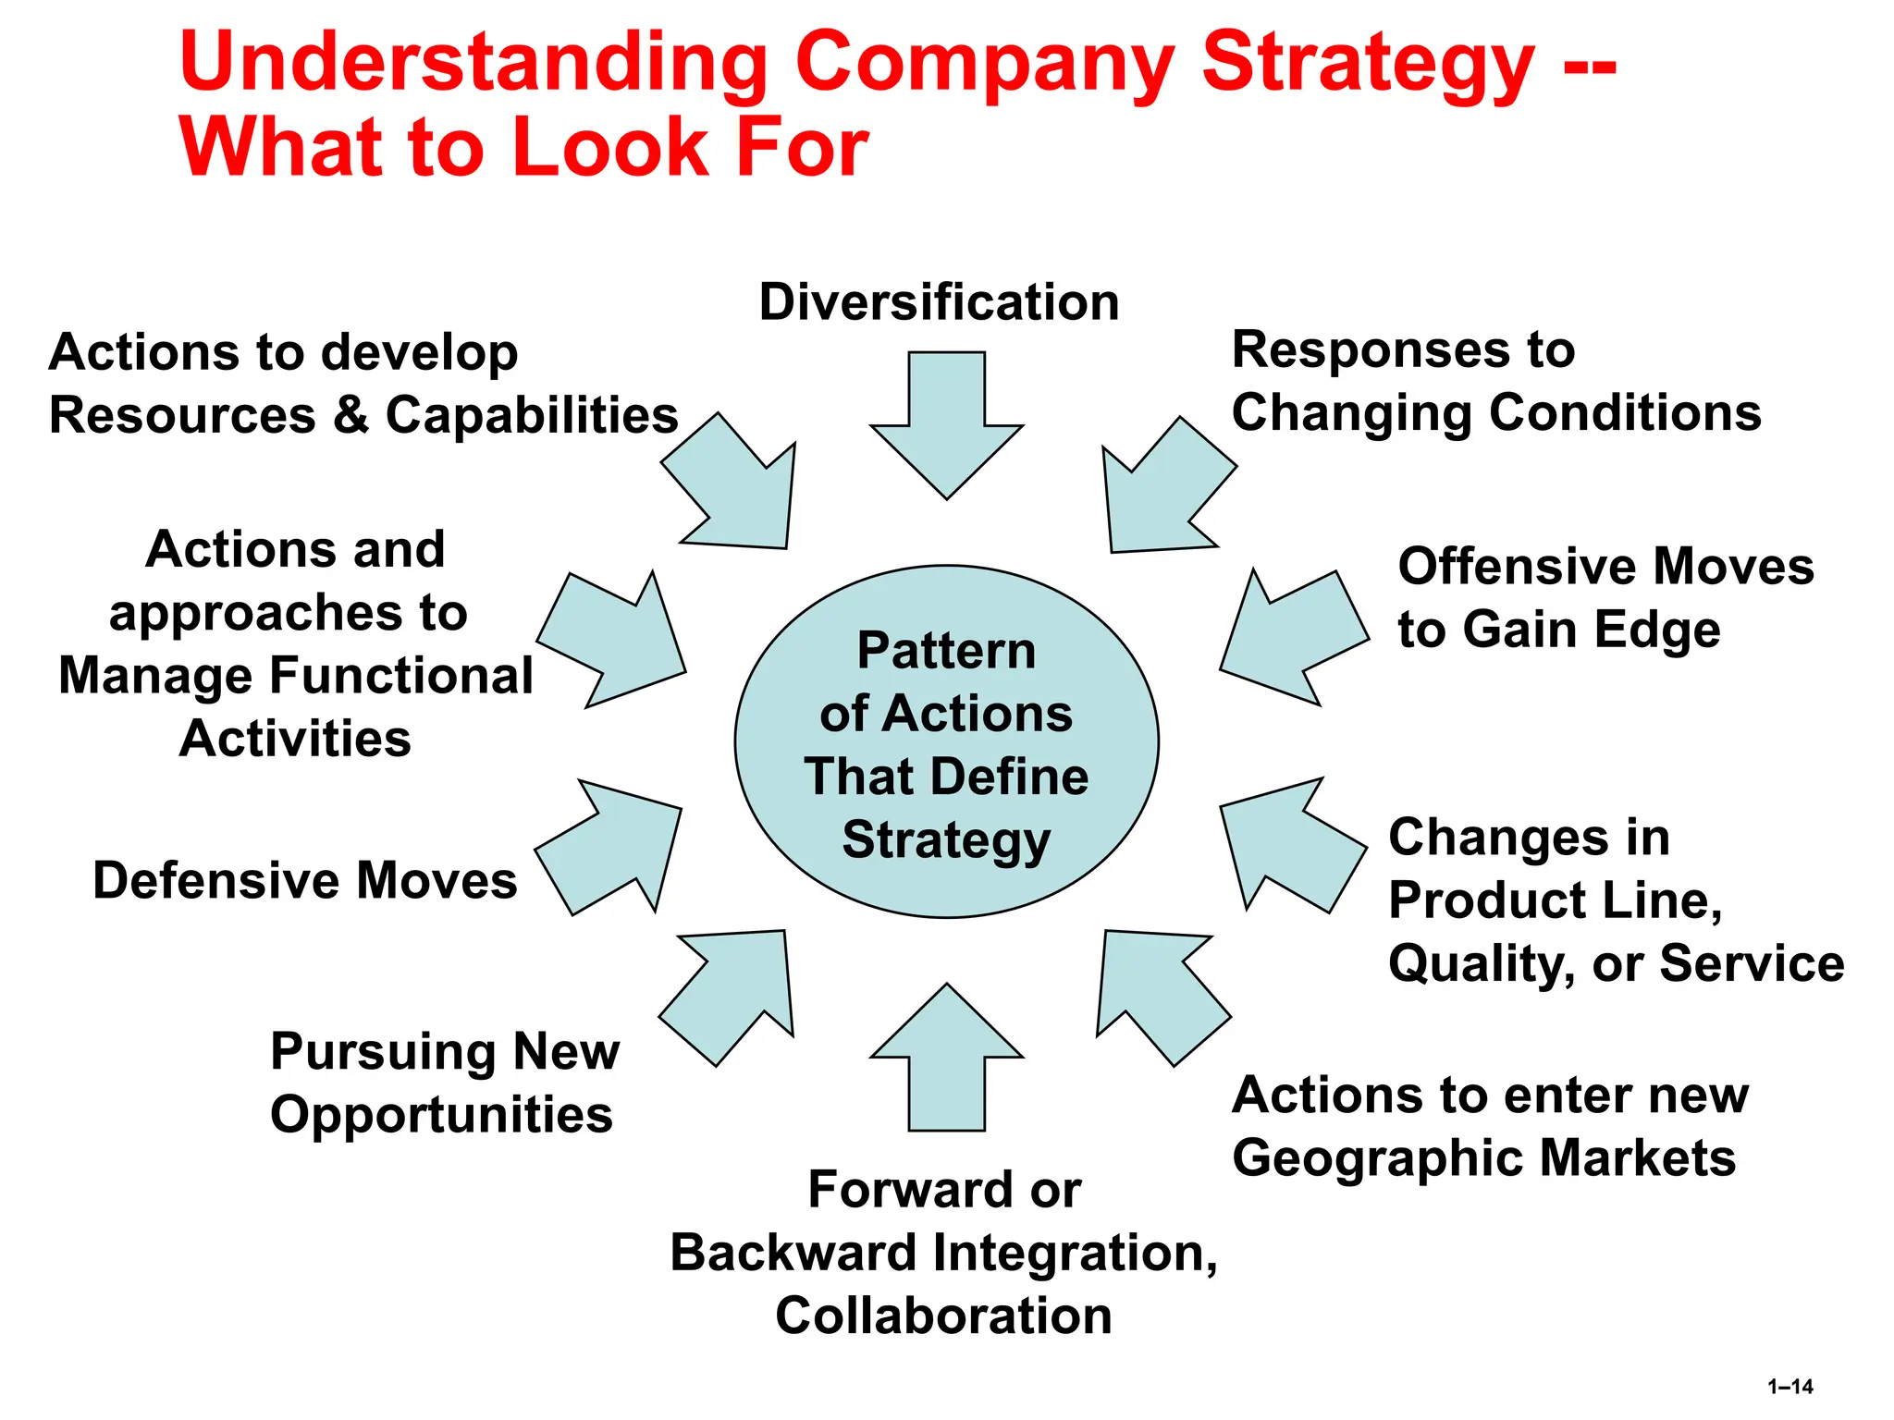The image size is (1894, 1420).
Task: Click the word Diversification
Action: click(939, 302)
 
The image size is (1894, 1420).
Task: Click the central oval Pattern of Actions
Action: click(946, 742)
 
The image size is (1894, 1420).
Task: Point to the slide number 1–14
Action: click(1789, 1387)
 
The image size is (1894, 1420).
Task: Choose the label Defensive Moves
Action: click(305, 880)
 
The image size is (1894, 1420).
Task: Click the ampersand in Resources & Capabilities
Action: click(351, 415)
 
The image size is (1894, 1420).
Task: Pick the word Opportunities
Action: click(441, 1114)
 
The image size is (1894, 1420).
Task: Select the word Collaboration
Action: click(943, 1316)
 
